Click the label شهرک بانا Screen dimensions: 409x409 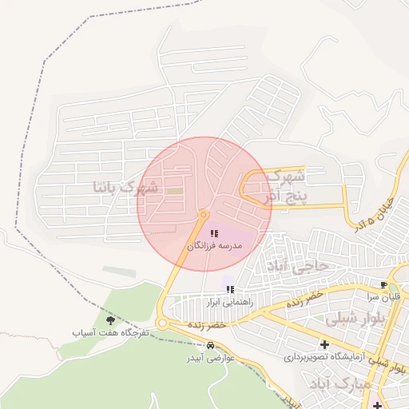(126, 188)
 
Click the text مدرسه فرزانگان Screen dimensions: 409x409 (214, 247)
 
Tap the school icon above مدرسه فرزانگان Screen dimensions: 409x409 (214, 233)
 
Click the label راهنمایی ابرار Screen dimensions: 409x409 (230, 303)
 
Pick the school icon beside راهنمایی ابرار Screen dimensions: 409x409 (230, 289)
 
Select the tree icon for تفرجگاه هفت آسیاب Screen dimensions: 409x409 (110, 320)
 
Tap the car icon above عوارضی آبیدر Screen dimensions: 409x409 (210, 346)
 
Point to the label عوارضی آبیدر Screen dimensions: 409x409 (210, 357)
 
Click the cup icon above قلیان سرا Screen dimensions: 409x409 (384, 284)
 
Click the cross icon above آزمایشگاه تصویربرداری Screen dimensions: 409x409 (324, 344)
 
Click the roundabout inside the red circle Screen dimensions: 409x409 (203, 214)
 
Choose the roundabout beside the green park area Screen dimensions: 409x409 (162, 324)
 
